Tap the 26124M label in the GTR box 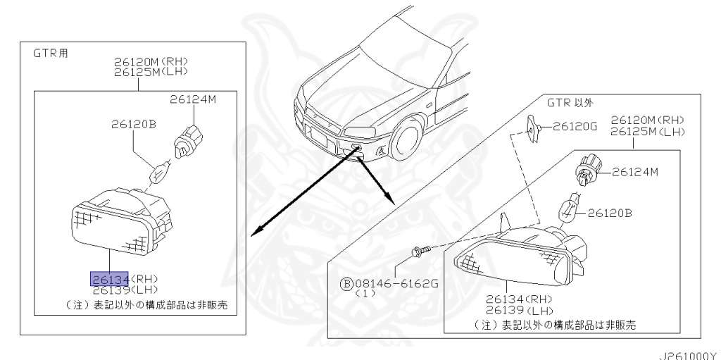(x=192, y=99)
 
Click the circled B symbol (x=346, y=284)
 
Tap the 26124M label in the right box (x=635, y=171)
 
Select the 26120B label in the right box (x=611, y=211)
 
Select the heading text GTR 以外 (x=570, y=103)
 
